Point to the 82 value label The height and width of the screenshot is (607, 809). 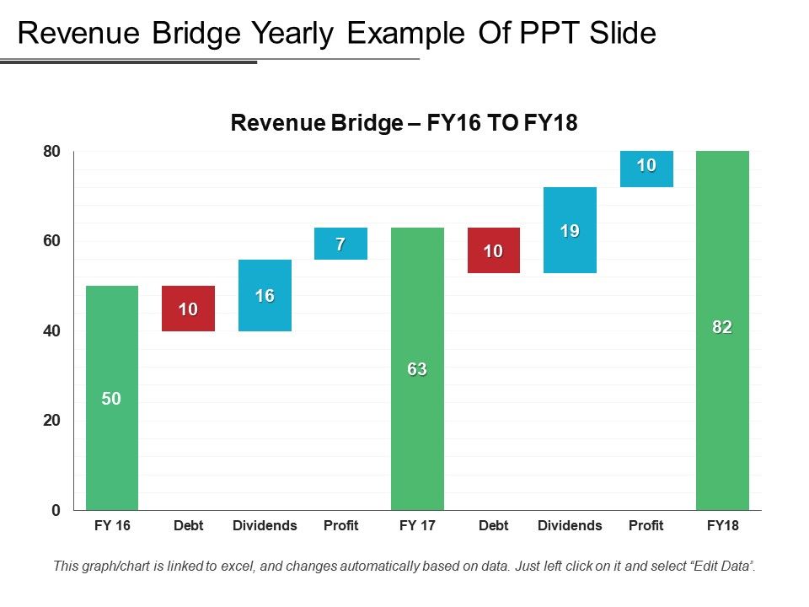point(722,328)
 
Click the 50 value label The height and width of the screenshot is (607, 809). point(111,400)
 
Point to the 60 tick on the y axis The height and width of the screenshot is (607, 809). point(52,241)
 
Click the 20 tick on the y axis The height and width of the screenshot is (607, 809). point(52,421)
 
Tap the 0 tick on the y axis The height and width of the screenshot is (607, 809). point(56,510)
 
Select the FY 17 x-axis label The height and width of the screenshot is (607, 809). point(417,526)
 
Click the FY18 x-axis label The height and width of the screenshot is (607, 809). point(722,526)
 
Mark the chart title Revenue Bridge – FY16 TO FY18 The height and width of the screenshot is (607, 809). point(404,123)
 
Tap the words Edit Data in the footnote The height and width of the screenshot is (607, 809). point(716,567)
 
